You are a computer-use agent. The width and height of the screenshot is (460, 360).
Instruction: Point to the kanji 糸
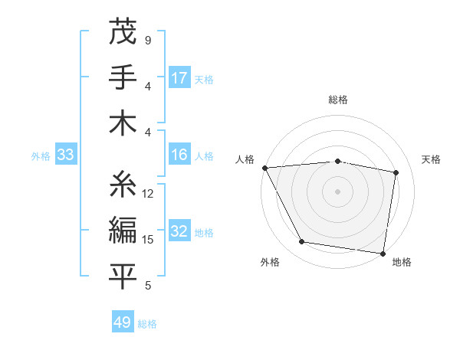(x=123, y=184)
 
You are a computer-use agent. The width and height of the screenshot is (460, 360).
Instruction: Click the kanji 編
(x=123, y=230)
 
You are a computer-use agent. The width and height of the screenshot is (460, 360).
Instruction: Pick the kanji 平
(x=123, y=276)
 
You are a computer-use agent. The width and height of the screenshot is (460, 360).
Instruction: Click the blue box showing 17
(x=179, y=78)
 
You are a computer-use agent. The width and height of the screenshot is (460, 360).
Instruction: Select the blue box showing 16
(x=179, y=155)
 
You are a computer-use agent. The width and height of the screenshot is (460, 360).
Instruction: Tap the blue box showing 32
(x=179, y=232)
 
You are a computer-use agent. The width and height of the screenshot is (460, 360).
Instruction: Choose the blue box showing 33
(x=65, y=155)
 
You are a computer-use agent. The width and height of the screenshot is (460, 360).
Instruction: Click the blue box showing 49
(x=123, y=322)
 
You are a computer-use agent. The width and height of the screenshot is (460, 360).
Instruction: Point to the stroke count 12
(x=149, y=194)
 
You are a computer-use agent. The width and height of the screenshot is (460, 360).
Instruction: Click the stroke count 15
(x=149, y=240)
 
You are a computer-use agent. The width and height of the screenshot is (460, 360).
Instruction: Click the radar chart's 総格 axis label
(x=338, y=100)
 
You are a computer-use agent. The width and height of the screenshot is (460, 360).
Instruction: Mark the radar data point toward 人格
(x=264, y=167)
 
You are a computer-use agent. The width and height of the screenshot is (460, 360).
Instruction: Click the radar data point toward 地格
(x=383, y=253)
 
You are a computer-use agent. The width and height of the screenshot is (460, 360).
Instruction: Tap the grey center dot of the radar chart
(x=338, y=191)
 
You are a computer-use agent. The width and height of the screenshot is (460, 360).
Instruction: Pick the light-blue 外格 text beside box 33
(x=41, y=156)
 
